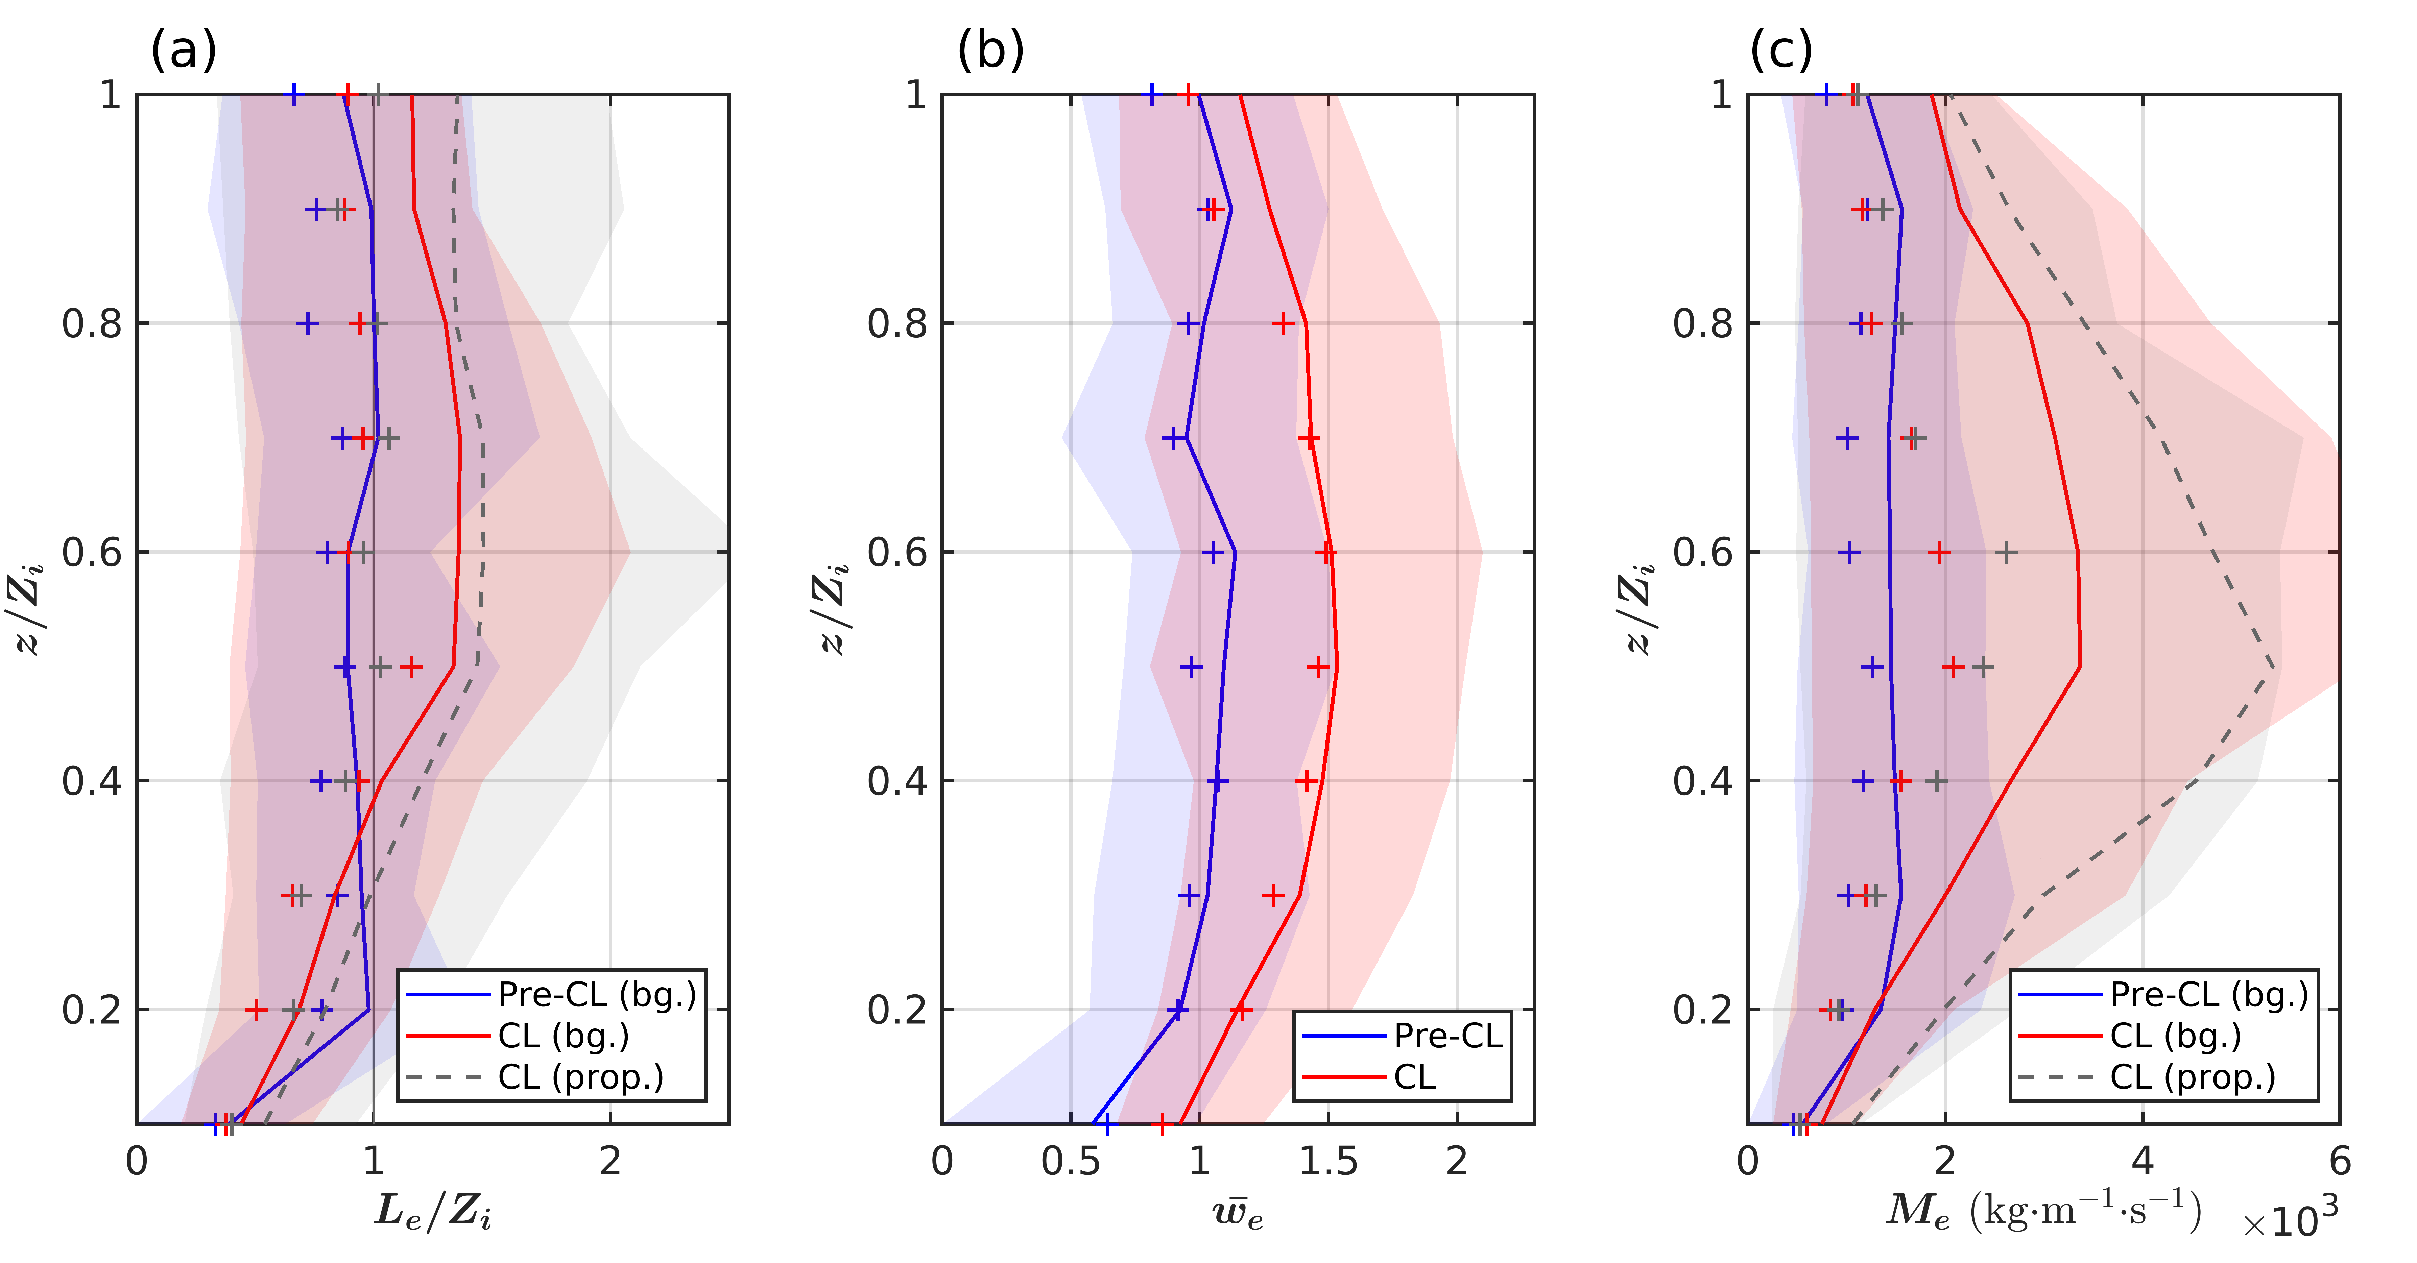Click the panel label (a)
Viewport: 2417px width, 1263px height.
184,50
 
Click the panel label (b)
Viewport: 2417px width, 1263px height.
991,50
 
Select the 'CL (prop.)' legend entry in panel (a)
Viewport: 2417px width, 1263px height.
580,1077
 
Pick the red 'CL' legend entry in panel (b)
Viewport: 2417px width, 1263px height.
1414,1077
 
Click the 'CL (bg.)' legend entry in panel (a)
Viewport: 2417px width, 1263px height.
563,1036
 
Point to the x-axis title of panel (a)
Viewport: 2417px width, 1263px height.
433,1212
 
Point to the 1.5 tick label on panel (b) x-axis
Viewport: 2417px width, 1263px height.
1328,1162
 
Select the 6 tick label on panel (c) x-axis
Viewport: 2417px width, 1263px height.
2339,1162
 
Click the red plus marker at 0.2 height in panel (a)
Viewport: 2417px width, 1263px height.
256,1010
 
